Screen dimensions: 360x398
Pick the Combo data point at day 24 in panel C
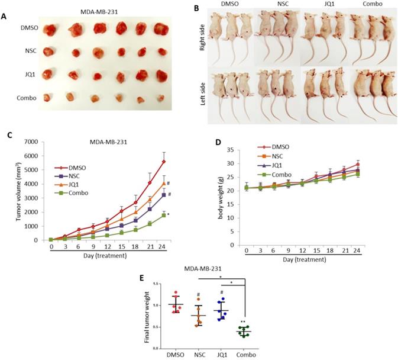click(164, 215)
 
